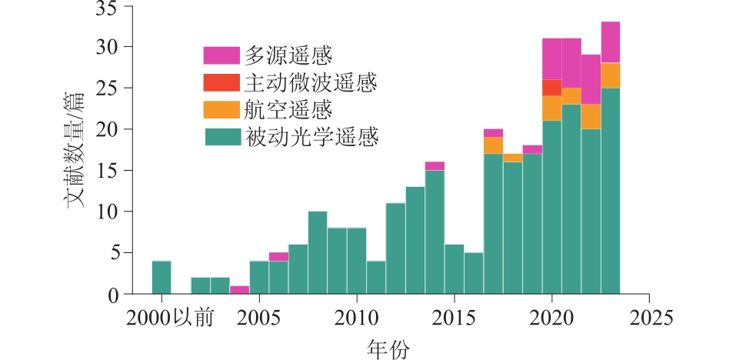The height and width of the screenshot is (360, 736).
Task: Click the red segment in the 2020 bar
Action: point(551,88)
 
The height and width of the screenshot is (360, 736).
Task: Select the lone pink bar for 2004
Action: point(239,290)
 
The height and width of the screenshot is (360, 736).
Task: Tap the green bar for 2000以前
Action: point(162,278)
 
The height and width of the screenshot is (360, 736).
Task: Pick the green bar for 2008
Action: point(317,252)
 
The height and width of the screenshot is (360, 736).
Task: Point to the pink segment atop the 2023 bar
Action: point(611,42)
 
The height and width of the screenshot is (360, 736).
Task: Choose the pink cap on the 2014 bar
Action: point(435,166)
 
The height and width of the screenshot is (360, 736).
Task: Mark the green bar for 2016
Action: point(474,273)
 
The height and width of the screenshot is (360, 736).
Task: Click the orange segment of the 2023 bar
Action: point(611,75)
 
